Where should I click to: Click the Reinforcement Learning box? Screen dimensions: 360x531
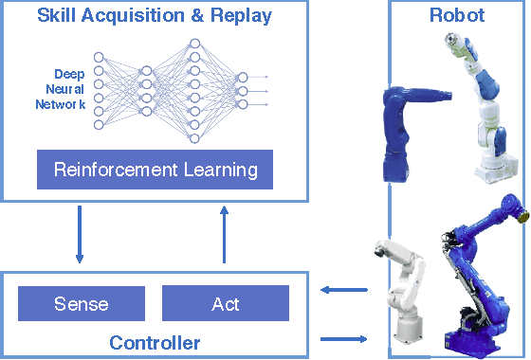(x=156, y=171)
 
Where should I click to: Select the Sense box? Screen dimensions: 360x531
(x=81, y=304)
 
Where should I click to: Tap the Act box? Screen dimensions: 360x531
(x=225, y=304)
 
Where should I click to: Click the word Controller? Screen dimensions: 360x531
(x=154, y=341)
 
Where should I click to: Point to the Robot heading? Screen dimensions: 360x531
(x=458, y=15)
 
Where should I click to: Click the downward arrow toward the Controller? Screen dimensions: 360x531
(x=80, y=238)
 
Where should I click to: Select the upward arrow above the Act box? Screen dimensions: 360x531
(x=225, y=237)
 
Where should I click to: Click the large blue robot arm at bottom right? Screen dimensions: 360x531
(x=479, y=275)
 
